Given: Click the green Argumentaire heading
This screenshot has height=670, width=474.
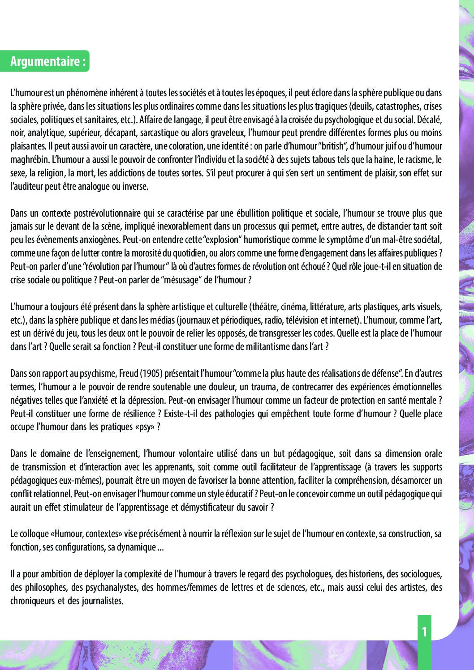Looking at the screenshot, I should pyautogui.click(x=47, y=61).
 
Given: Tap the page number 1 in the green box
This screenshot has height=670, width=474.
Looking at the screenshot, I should pyautogui.click(x=424, y=632).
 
